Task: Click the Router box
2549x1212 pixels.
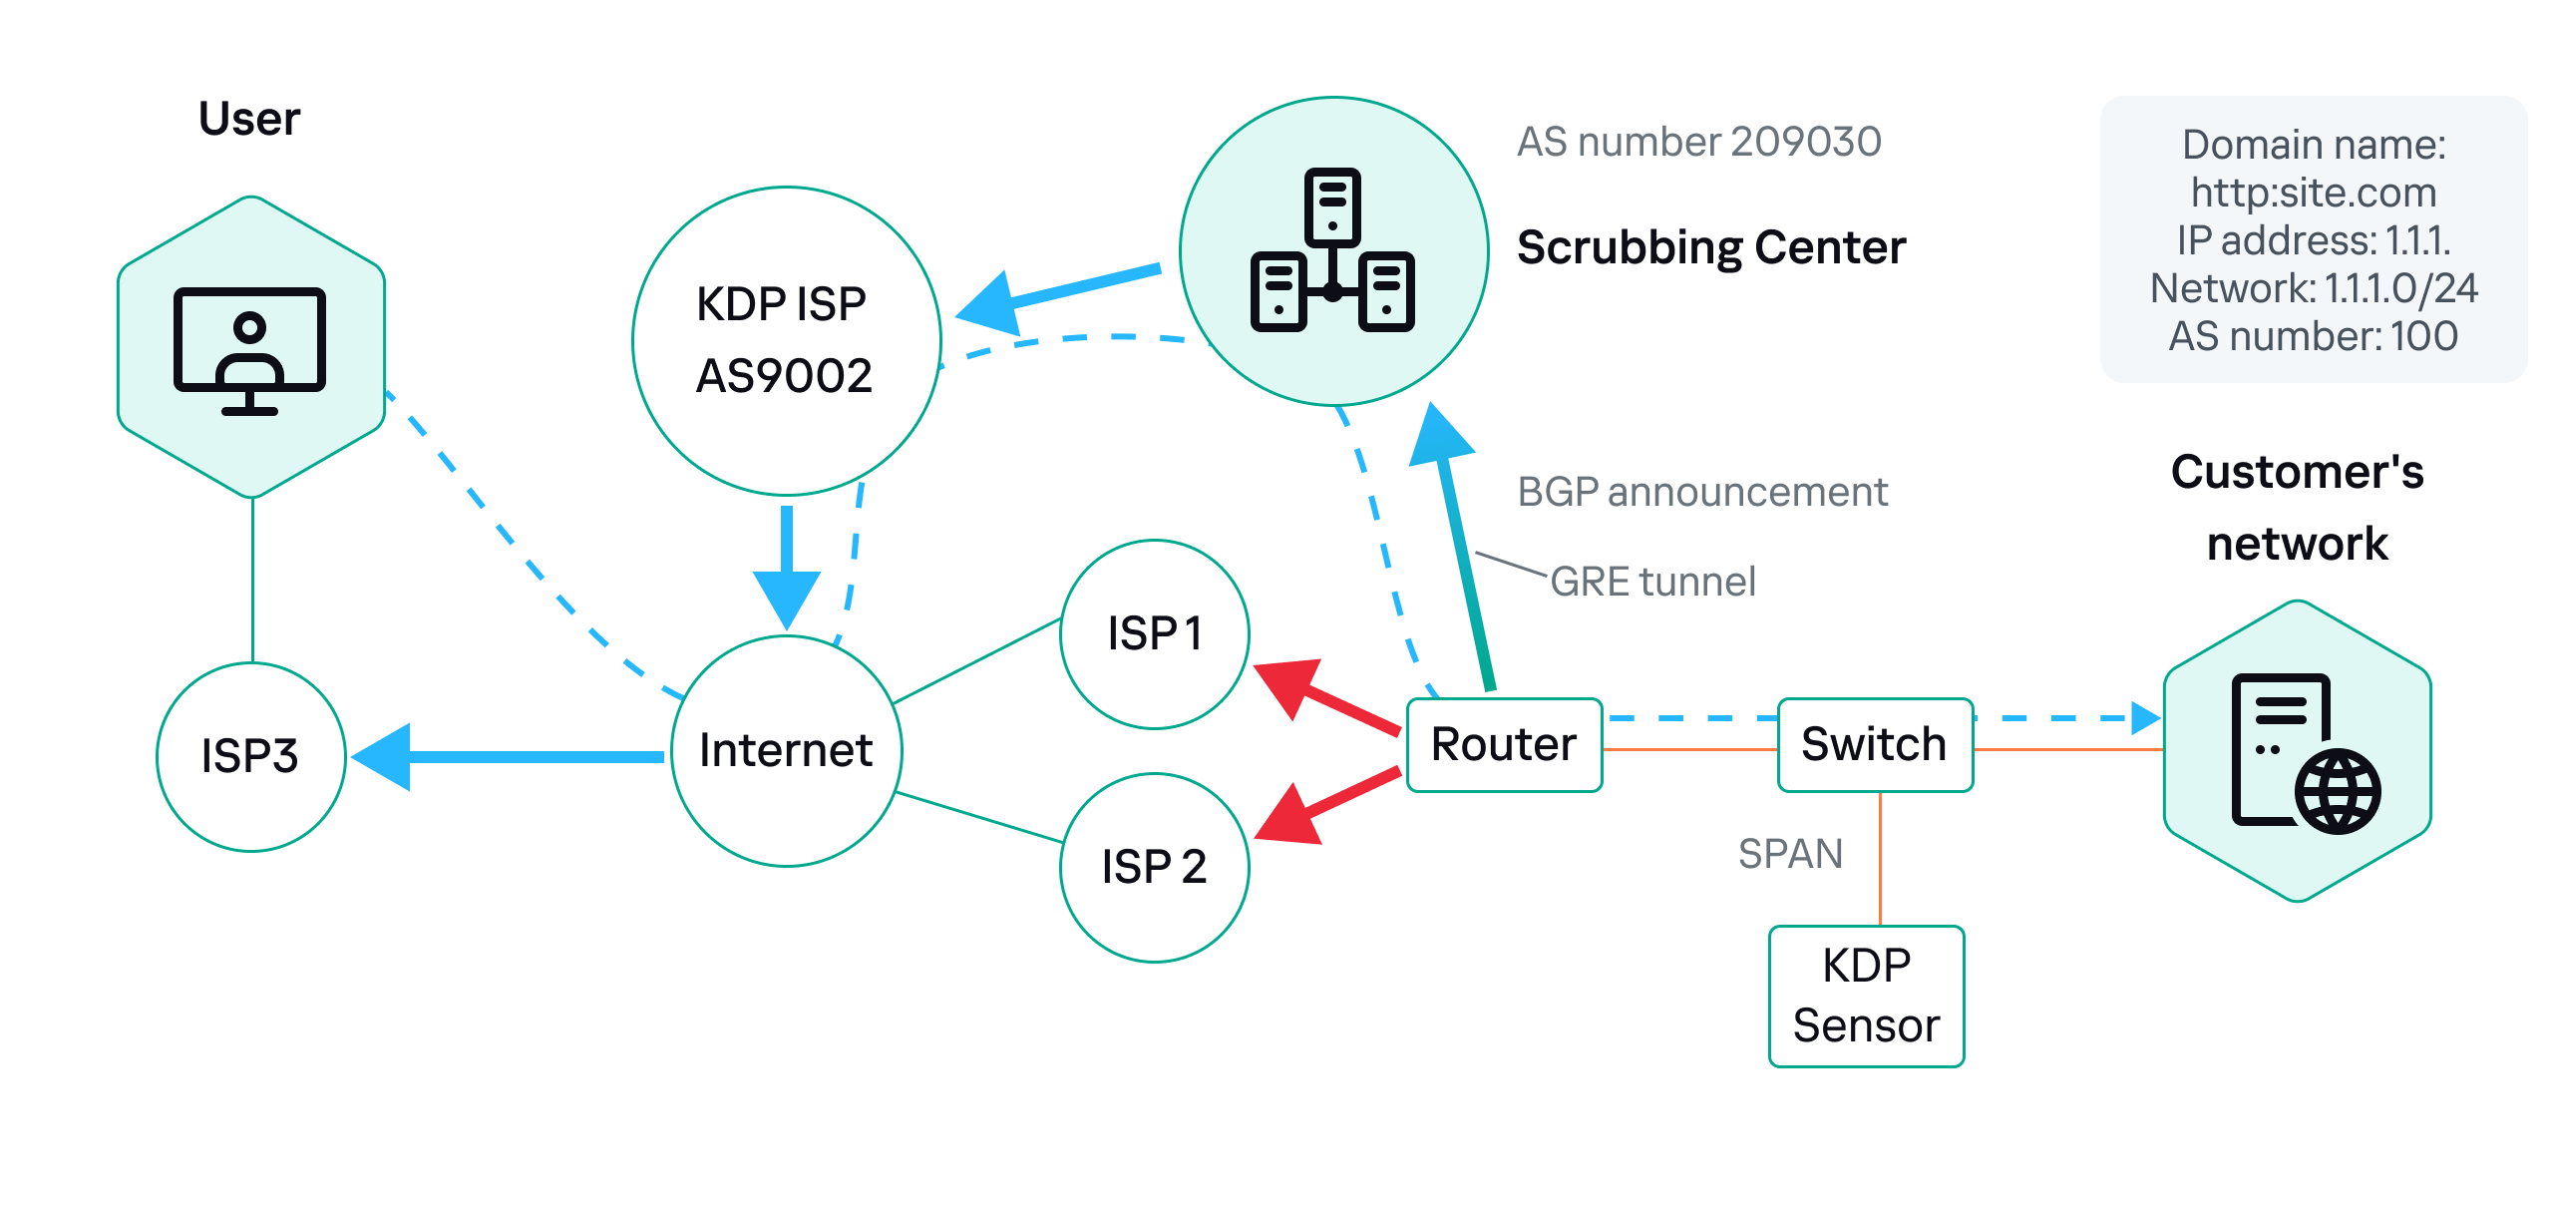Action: coord(1503,745)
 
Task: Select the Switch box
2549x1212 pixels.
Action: coord(1874,745)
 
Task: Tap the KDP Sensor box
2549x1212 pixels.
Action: coord(1866,996)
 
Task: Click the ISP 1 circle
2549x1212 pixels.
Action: coord(1154,634)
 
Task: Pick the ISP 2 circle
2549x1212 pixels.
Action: coord(1154,867)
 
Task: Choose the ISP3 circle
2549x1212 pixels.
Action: coord(250,756)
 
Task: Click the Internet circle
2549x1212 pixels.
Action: coord(786,750)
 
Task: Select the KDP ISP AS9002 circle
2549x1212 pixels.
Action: coord(786,340)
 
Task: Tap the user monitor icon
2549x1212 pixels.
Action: coord(250,350)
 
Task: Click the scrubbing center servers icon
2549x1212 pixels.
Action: coord(1332,250)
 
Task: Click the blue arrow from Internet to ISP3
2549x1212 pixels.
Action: coord(509,757)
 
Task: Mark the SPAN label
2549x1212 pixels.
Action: coord(1789,854)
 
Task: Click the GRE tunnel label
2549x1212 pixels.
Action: coord(1652,582)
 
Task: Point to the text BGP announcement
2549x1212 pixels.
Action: coord(1701,492)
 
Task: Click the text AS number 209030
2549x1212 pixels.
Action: coord(1698,142)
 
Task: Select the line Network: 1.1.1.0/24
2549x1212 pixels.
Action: coord(2313,288)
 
